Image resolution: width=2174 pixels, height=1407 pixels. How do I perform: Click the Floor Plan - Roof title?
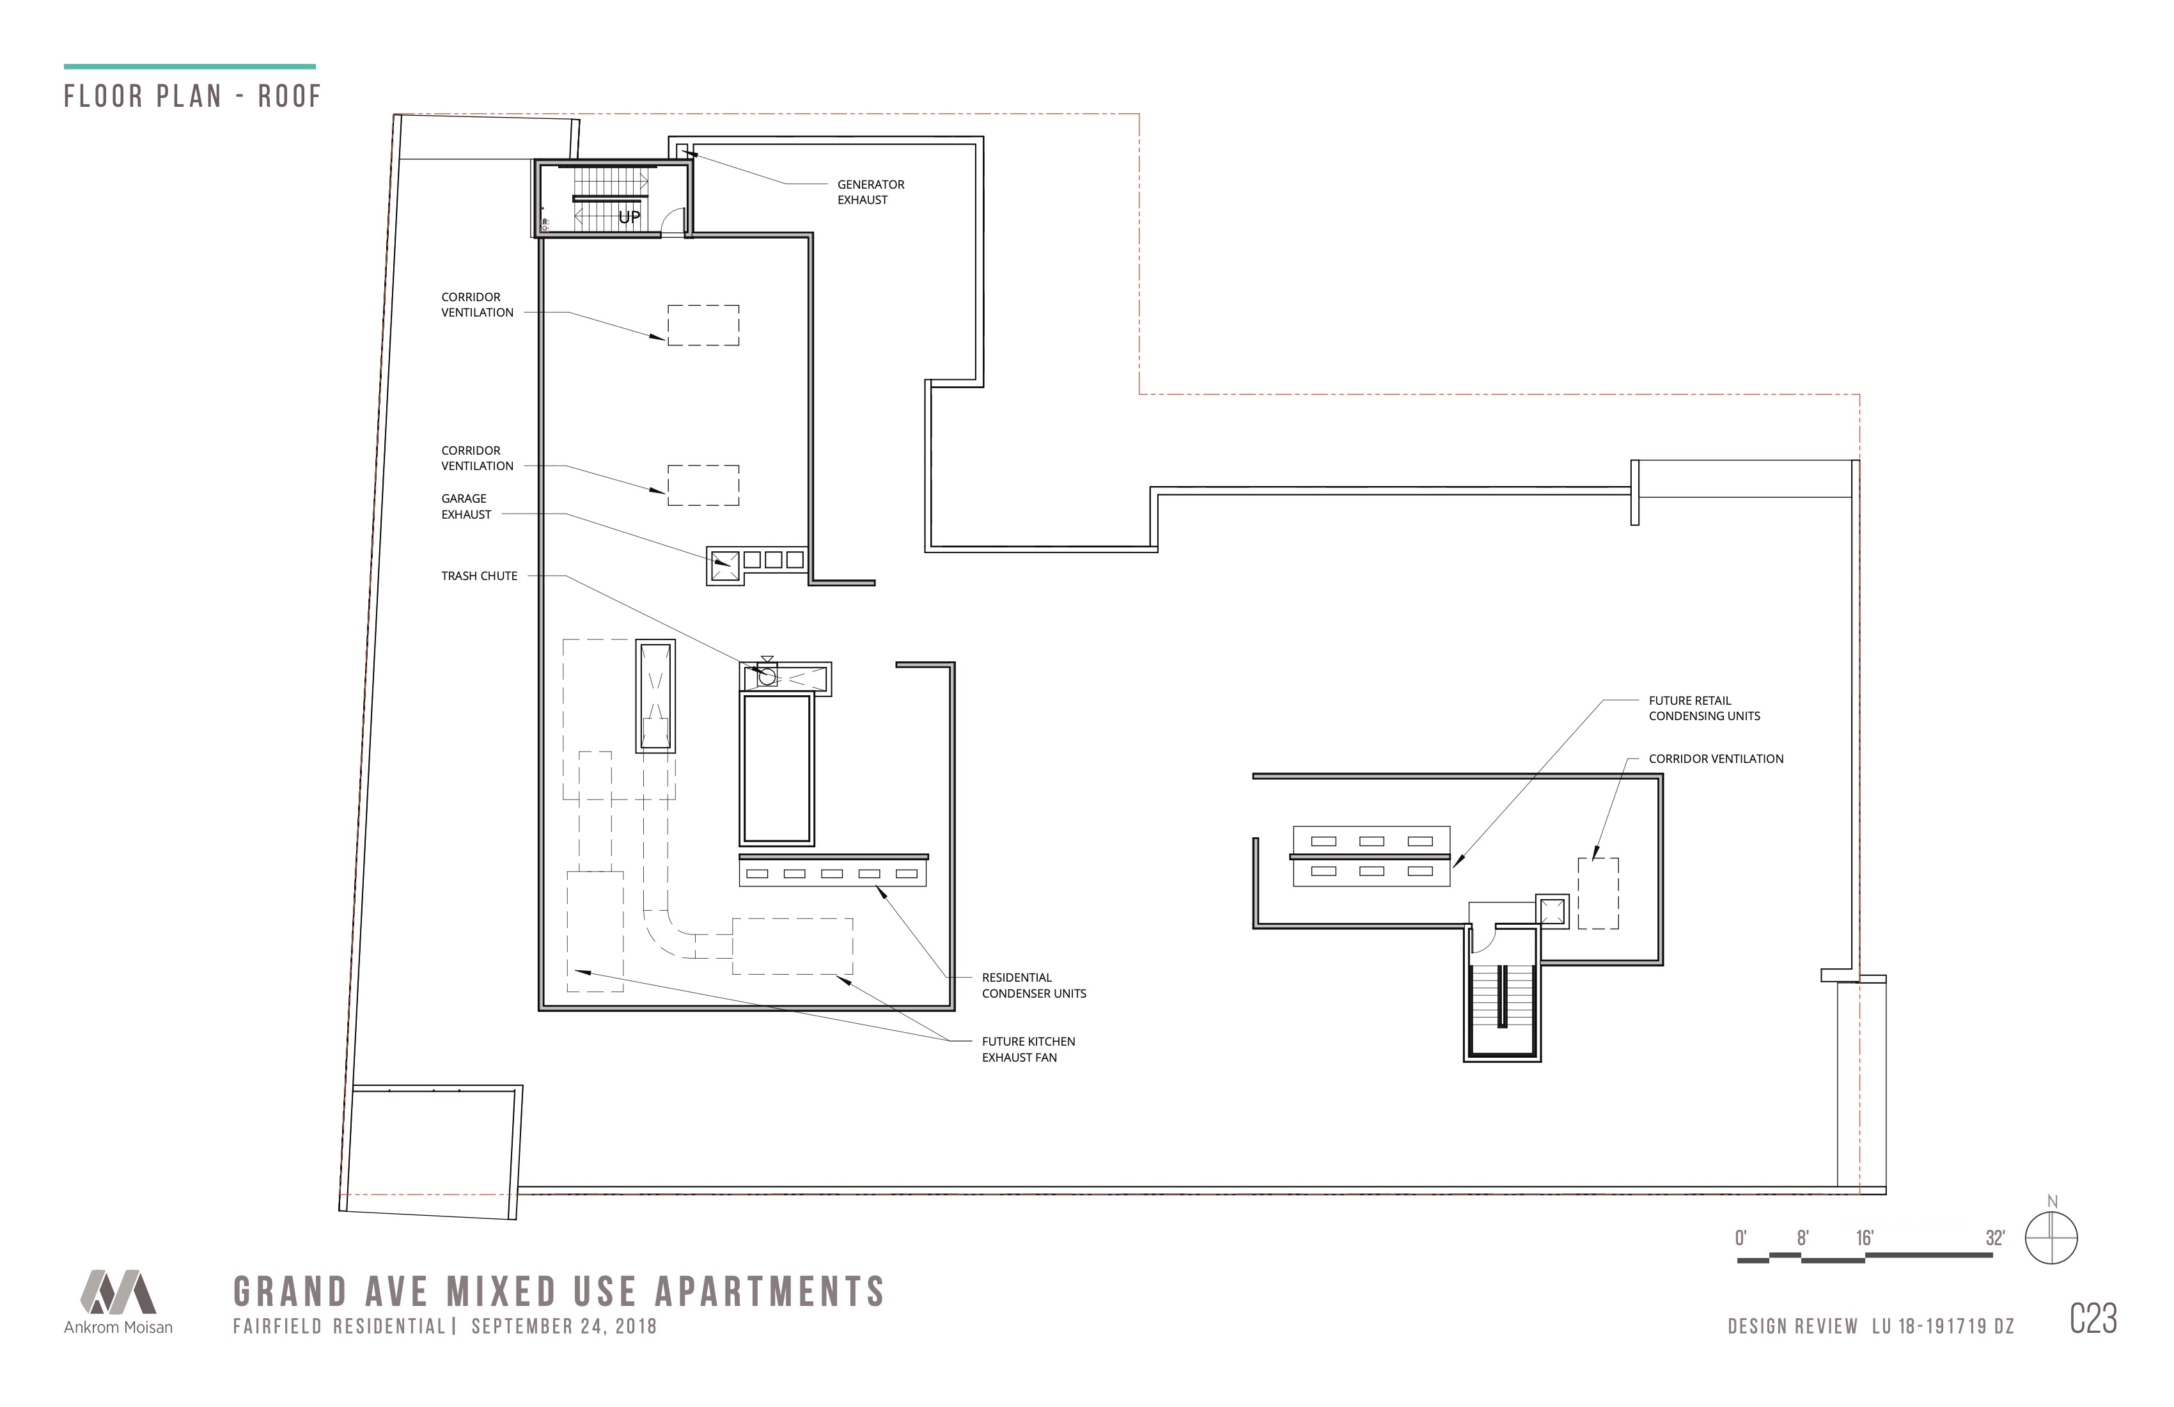[x=192, y=96]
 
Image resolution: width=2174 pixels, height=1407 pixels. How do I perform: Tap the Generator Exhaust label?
[x=870, y=192]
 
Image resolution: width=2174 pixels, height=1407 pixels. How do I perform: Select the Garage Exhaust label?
[x=466, y=506]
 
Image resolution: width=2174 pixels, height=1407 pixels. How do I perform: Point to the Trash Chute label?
[x=479, y=576]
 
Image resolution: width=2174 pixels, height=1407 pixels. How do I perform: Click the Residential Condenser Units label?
[x=1034, y=985]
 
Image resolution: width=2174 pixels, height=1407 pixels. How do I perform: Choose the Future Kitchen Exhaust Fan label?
[x=1029, y=1049]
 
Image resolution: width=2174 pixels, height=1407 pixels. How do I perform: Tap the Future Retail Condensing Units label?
[x=1705, y=708]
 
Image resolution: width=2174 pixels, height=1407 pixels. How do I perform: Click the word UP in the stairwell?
[x=629, y=217]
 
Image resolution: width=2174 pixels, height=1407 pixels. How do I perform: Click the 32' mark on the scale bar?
[x=1995, y=1238]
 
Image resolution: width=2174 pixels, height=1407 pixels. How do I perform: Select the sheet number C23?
[x=2093, y=1318]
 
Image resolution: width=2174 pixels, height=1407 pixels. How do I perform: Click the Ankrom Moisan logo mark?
[x=118, y=1291]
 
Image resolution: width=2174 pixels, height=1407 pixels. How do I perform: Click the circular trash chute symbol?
[x=767, y=677]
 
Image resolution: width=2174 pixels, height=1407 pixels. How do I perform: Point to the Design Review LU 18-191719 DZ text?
[x=1871, y=1326]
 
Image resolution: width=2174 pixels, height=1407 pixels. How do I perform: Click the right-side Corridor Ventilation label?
[x=1716, y=759]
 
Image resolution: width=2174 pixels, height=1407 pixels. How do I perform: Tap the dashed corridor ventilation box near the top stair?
[x=703, y=326]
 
